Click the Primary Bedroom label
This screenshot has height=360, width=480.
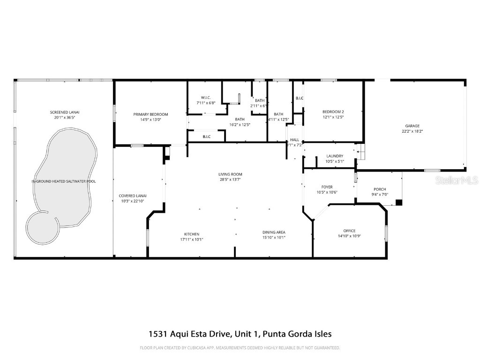[x=150, y=114]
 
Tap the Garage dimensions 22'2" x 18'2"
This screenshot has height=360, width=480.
[x=412, y=132]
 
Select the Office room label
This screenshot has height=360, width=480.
[x=349, y=231]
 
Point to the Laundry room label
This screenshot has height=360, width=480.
[x=335, y=156]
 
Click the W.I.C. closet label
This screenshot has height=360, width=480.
[x=206, y=97]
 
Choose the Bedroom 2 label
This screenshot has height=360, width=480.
[x=333, y=112]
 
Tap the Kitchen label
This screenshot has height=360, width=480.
[x=191, y=234]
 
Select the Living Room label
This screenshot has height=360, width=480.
[x=231, y=174]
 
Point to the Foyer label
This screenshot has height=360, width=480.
[x=327, y=187]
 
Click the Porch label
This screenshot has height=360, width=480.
[x=380, y=189]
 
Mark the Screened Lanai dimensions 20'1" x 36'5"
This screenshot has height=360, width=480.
[x=65, y=118]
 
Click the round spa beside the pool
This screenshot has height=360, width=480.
[x=43, y=227]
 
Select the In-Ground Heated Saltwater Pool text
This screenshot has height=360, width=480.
[x=64, y=181]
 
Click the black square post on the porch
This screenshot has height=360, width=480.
[x=399, y=202]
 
